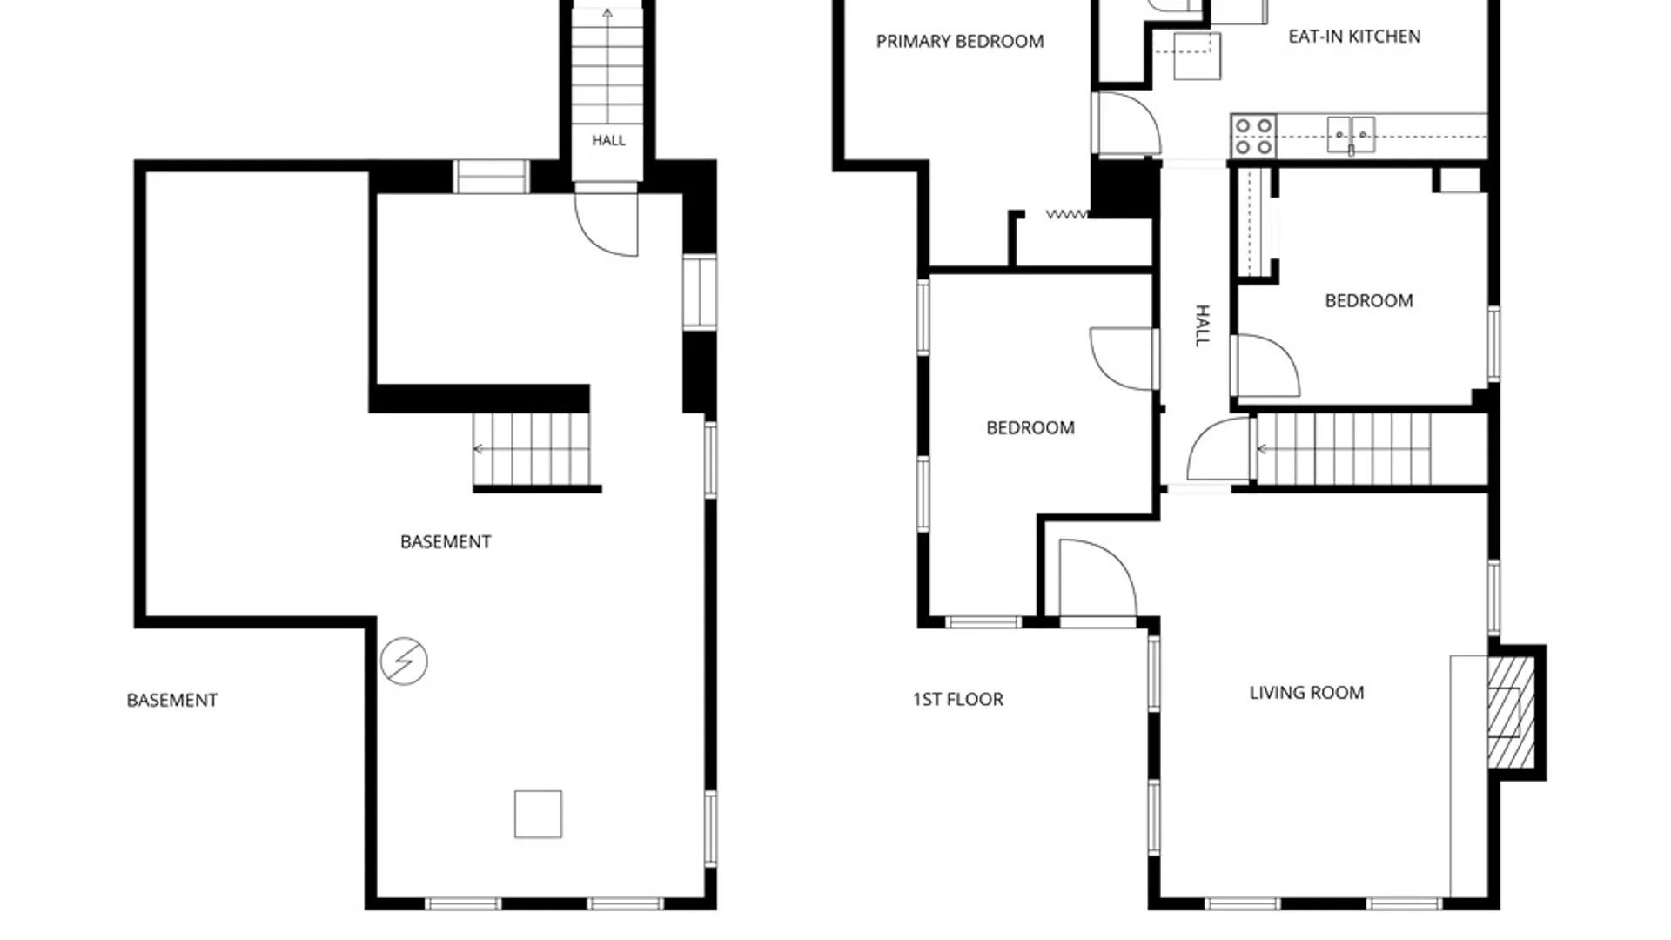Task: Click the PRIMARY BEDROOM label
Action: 959,42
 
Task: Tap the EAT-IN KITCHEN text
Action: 1354,37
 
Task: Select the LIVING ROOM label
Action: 1306,693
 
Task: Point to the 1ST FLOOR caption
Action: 957,699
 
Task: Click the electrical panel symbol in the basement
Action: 404,661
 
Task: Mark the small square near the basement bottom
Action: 538,814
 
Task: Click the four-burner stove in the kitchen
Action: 1253,137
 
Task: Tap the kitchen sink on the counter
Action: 1351,135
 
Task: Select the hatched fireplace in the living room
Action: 1510,712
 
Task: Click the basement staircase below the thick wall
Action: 532,449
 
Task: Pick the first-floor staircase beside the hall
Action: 1344,449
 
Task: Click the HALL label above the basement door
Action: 608,140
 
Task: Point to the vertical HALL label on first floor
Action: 1203,326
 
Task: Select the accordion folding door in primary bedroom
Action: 1067,214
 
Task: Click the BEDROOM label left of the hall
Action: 1030,428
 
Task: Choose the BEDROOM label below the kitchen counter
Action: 1369,301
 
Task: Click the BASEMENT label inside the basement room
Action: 446,542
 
